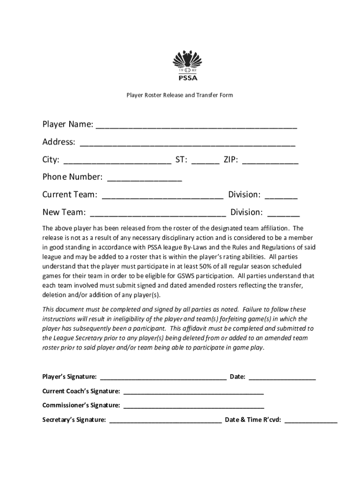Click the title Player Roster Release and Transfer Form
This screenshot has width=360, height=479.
(x=180, y=95)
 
